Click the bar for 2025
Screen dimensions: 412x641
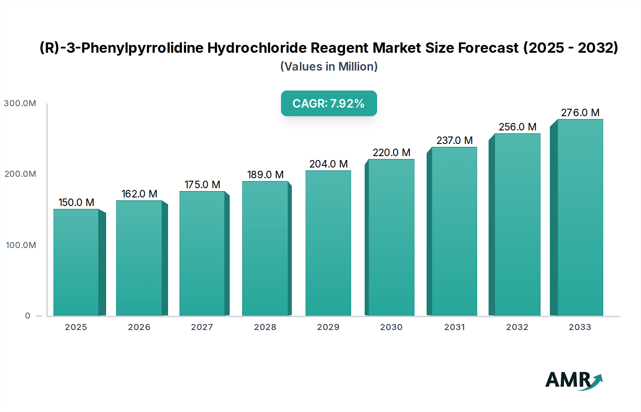(x=76, y=262)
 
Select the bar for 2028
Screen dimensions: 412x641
(x=265, y=248)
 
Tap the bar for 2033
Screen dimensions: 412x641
(x=580, y=217)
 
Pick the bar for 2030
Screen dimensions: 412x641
(x=391, y=237)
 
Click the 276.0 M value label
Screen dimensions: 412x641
(x=580, y=113)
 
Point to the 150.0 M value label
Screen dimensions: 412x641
(x=76, y=202)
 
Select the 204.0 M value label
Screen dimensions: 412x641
(x=328, y=164)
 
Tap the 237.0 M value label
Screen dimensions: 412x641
(x=454, y=140)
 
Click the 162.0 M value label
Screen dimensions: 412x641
(x=139, y=194)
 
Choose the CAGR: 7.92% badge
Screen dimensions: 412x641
(x=329, y=103)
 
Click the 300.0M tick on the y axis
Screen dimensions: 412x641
(x=20, y=103)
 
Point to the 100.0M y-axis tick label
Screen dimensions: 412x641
(x=21, y=245)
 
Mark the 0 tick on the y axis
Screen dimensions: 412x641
(x=28, y=316)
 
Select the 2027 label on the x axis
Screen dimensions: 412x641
(x=202, y=327)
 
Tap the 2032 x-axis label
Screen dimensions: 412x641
(x=517, y=327)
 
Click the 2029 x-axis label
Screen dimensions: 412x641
(x=328, y=327)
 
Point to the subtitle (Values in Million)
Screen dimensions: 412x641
(x=329, y=67)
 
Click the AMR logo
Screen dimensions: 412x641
(x=573, y=380)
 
